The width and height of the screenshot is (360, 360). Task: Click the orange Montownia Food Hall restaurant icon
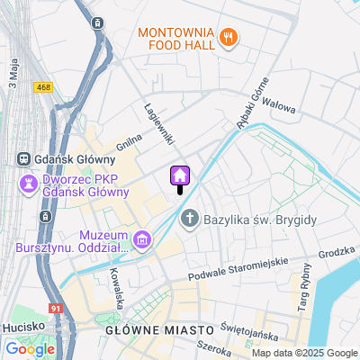tap(229, 37)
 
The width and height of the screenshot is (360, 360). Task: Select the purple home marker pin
tap(179, 175)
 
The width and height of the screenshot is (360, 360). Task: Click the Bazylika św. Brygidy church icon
tap(191, 218)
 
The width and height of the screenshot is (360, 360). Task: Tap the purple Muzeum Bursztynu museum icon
tap(141, 239)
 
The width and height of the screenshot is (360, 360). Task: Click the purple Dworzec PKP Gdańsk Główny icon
tap(27, 184)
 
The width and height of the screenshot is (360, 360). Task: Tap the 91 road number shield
tap(56, 309)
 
